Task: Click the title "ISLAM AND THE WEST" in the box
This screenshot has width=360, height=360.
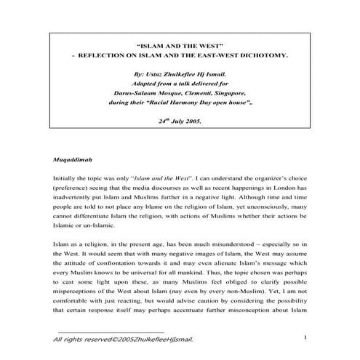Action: click(180, 44)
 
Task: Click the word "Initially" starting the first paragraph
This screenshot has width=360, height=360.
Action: click(67, 176)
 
